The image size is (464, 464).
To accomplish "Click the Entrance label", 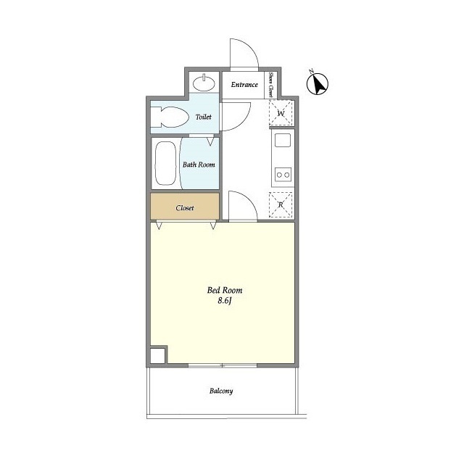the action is pos(244,85).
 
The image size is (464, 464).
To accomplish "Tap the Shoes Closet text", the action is pos(270,85).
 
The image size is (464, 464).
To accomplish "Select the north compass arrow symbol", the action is pos(318,83).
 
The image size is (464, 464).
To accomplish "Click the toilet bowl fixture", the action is pos(170,117).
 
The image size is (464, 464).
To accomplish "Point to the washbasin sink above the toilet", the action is pos(204,83).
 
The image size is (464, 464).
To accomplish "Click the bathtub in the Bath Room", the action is pos(165,163).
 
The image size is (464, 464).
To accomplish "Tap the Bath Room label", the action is pos(199,165).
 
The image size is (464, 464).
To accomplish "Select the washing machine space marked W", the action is pos(281,113).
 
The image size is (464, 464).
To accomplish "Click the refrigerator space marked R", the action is pos(281,204).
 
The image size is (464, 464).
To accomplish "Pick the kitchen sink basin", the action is pos(283,140).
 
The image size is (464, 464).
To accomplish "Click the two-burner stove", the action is pos(283,175).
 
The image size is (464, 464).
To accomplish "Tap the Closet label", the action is pos(185,208).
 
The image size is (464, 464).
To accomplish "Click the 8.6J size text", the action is pos(225,301).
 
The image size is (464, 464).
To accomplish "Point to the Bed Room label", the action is pos(225,290).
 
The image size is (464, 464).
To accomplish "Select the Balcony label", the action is pos(221,391).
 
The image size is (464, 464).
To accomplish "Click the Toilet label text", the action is pos(204,117).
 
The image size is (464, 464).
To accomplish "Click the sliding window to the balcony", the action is pos(223,365).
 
